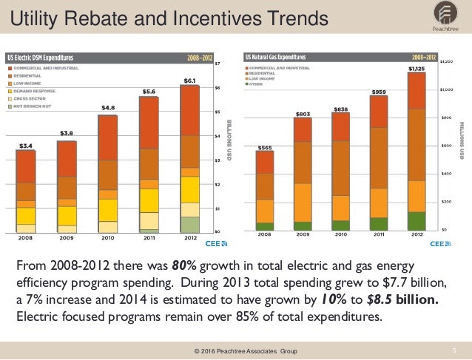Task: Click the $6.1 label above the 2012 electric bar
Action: [189, 80]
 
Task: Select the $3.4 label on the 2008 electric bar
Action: [25, 146]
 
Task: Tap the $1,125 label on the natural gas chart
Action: [417, 68]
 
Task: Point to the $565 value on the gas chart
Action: [264, 147]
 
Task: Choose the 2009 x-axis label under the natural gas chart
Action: [303, 234]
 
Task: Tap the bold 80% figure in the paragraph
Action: [185, 265]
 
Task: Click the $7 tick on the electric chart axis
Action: [217, 64]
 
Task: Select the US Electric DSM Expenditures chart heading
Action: [40, 56]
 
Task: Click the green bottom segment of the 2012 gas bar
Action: [417, 221]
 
